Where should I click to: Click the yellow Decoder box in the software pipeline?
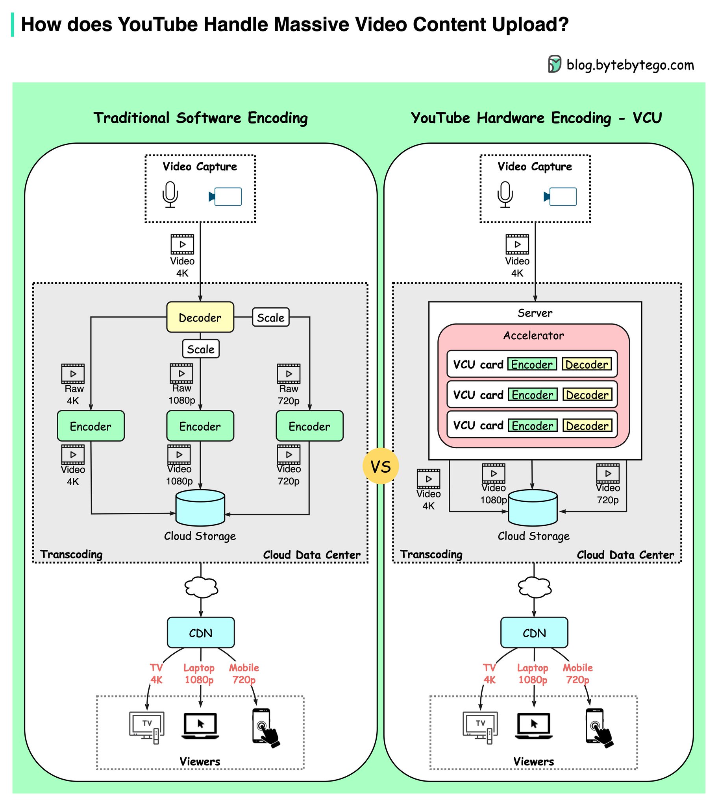tap(200, 318)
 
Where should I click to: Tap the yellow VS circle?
tap(381, 466)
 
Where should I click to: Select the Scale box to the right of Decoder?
tap(271, 318)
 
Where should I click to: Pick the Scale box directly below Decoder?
tap(201, 349)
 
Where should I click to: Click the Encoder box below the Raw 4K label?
tap(91, 426)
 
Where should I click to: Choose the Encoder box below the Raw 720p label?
tap(309, 426)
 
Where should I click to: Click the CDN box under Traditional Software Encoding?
tap(201, 633)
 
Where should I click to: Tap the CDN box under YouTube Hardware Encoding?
tap(534, 633)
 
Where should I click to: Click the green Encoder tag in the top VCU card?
tap(532, 364)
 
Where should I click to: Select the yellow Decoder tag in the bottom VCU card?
tap(587, 425)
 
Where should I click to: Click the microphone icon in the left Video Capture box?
tap(170, 194)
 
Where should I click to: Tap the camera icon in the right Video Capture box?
tap(560, 196)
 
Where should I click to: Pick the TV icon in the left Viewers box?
tap(147, 727)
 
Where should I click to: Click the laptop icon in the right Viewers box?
tap(534, 726)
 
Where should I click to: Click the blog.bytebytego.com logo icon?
tap(554, 64)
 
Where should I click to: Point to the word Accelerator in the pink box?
tap(533, 336)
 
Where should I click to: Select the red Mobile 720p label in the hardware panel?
tap(577, 674)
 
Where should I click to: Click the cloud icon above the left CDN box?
tap(201, 588)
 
